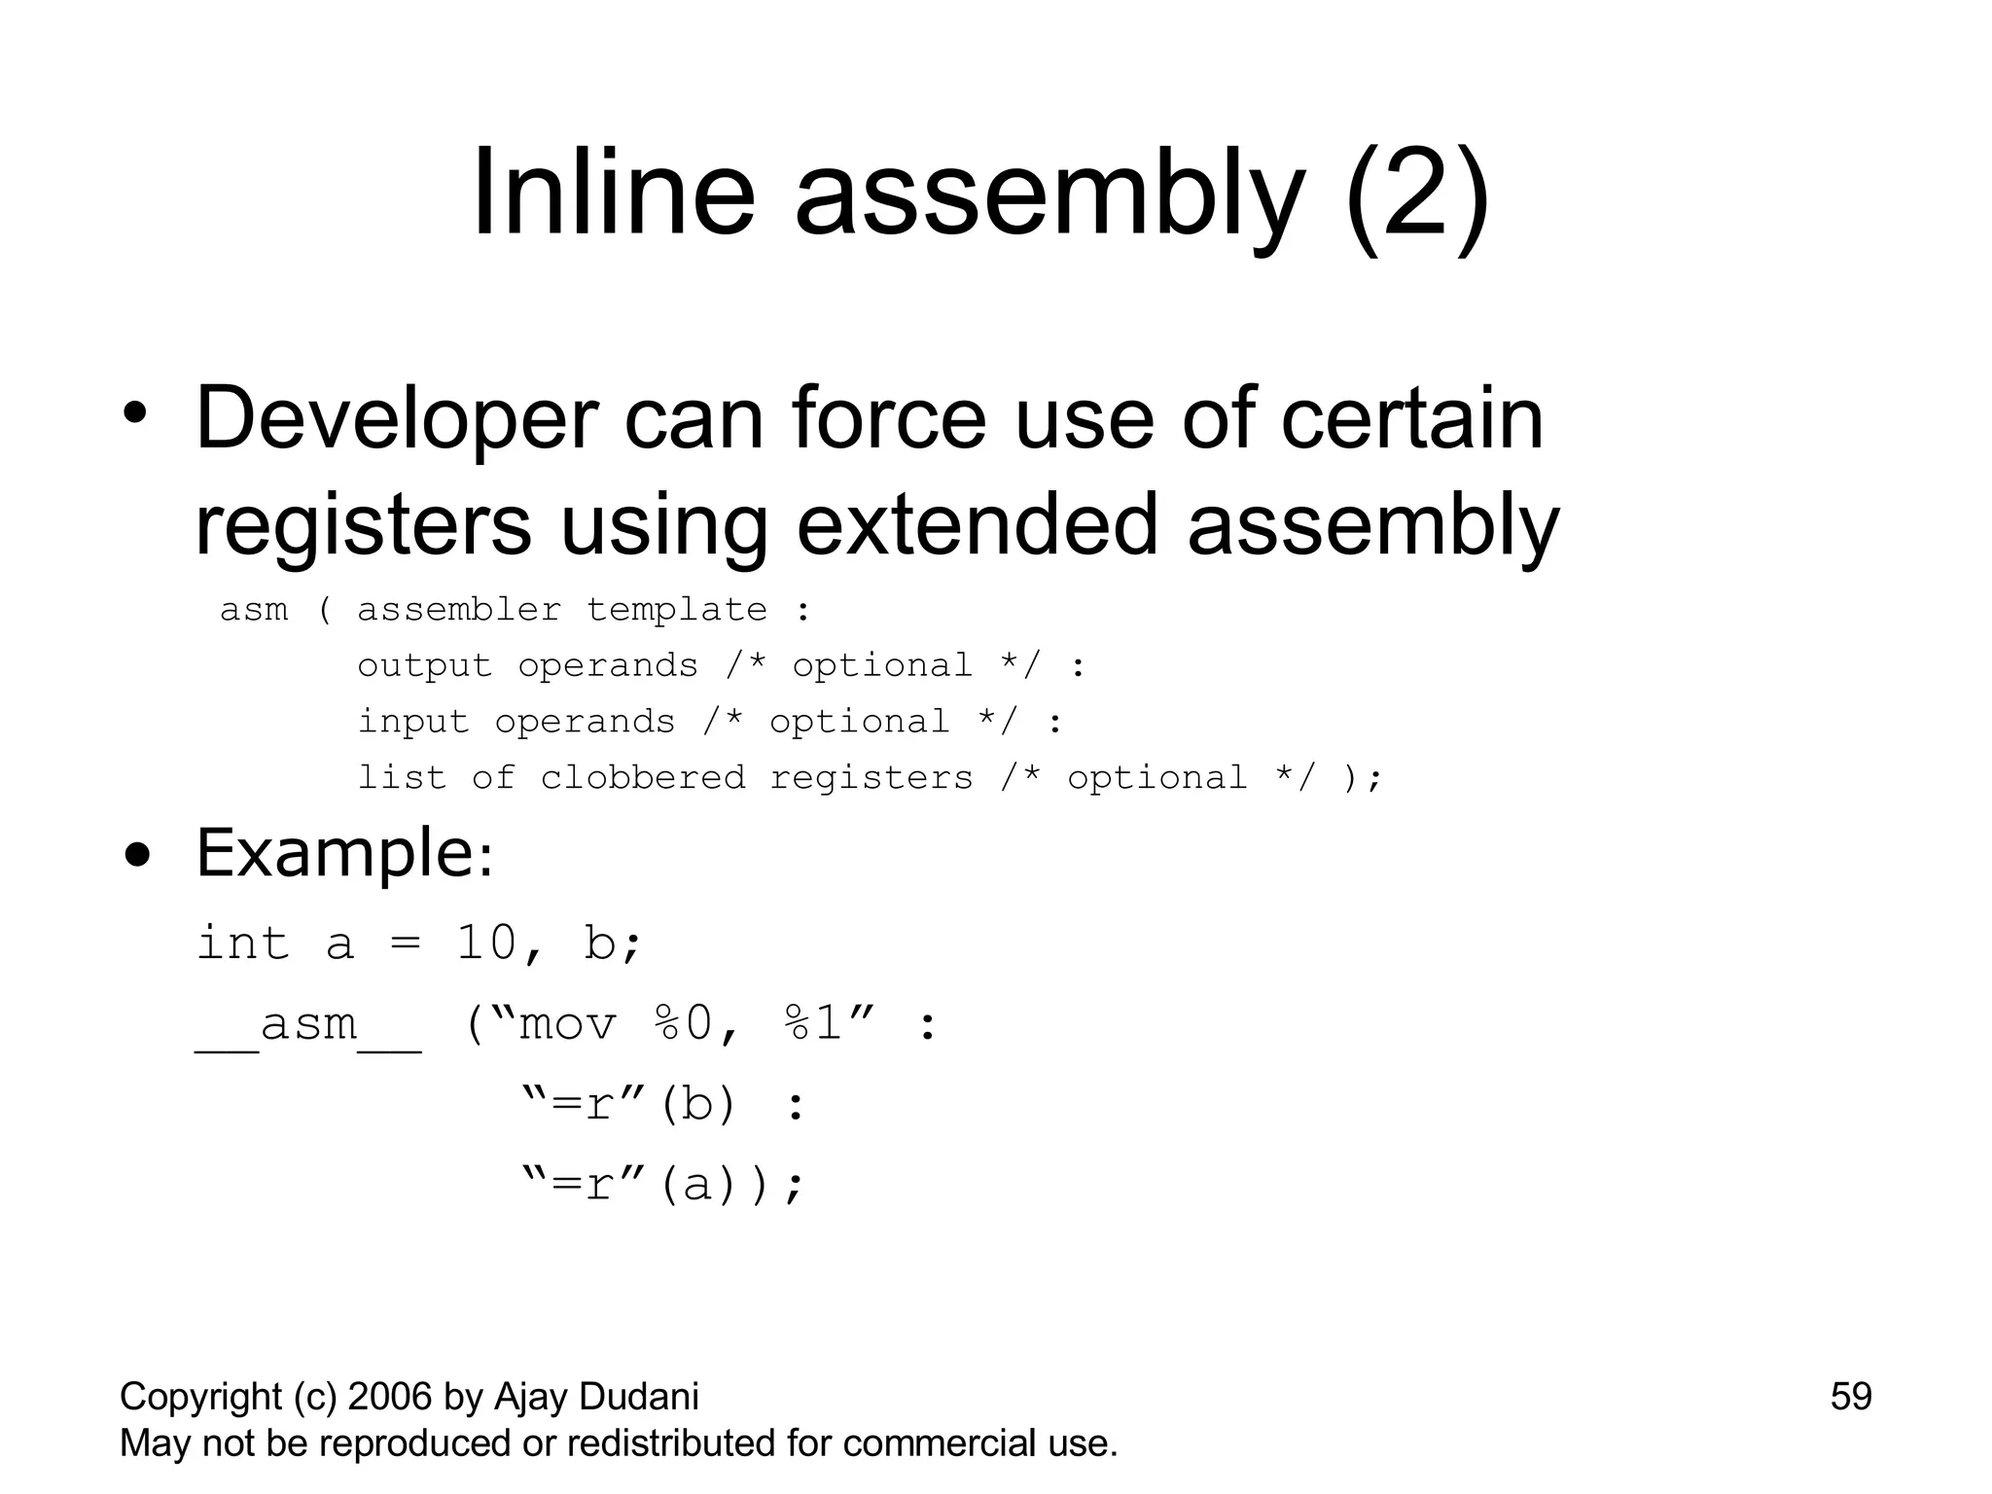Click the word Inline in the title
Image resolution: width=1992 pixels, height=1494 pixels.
tap(613, 192)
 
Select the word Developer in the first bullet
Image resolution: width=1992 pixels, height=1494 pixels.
tap(396, 419)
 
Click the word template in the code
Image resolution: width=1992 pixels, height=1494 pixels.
tap(677, 610)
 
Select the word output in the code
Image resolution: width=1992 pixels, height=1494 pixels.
tap(424, 666)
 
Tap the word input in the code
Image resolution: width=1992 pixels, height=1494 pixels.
tap(413, 722)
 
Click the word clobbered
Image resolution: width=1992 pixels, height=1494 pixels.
tap(643, 778)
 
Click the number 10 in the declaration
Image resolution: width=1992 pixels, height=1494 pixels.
tap(486, 943)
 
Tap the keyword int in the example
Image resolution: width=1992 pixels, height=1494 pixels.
tap(243, 943)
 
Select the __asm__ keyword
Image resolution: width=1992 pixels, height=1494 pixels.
tap(308, 1024)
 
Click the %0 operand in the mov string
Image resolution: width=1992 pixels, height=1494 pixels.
tap(685, 1024)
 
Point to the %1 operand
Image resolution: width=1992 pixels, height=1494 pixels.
tap(813, 1024)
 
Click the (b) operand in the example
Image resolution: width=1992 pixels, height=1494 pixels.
tap(697, 1105)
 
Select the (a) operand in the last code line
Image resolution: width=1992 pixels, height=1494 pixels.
tap(697, 1186)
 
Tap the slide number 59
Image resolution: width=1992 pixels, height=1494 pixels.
tap(1850, 1397)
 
